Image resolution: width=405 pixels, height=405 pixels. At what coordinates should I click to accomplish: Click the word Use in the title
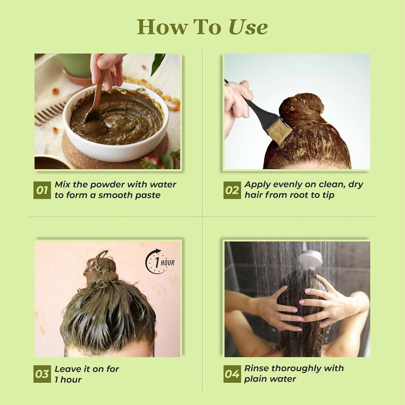click(248, 27)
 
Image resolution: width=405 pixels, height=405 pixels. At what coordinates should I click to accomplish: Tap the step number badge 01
click(42, 190)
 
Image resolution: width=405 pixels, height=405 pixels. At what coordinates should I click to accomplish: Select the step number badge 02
click(232, 190)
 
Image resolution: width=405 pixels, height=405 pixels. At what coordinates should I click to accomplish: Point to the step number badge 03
click(42, 374)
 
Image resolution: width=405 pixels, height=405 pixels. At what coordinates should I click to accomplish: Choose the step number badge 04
click(232, 374)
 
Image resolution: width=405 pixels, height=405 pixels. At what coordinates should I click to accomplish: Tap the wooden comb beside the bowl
click(49, 111)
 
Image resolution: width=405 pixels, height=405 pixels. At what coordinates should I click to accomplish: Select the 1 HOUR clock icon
click(160, 261)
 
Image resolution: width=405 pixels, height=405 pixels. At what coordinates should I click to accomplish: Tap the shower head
click(310, 258)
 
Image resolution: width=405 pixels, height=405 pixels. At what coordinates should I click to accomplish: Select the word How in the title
click(162, 27)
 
